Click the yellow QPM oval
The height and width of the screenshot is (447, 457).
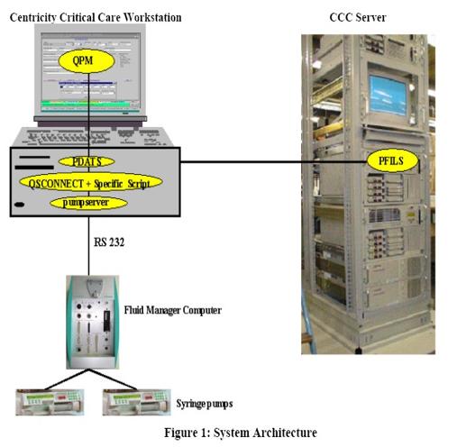(x=87, y=61)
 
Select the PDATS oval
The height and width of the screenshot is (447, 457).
(x=87, y=161)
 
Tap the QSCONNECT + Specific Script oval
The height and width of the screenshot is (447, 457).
(x=91, y=182)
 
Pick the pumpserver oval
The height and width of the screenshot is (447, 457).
(x=88, y=203)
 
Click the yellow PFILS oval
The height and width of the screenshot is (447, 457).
(x=392, y=161)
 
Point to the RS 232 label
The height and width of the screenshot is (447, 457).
(x=109, y=242)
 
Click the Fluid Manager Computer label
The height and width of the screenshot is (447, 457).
(x=173, y=310)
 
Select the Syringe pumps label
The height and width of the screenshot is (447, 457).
(x=205, y=404)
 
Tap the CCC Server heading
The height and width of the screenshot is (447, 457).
(x=358, y=17)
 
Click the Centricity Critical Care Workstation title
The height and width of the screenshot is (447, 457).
(x=96, y=17)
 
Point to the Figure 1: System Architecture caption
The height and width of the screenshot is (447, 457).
(x=241, y=433)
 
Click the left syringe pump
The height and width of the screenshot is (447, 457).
(x=50, y=402)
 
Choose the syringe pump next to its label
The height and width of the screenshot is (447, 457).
(x=137, y=402)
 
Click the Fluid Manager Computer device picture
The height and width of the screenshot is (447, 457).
(x=93, y=322)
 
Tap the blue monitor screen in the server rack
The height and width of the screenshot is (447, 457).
(x=388, y=95)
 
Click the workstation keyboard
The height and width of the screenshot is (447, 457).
(x=93, y=137)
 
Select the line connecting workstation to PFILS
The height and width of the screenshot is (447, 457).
(x=274, y=162)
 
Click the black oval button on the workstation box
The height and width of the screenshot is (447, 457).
(x=20, y=205)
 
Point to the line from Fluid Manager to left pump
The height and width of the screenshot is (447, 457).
(x=67, y=379)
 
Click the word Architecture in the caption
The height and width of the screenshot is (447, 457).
(x=285, y=433)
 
